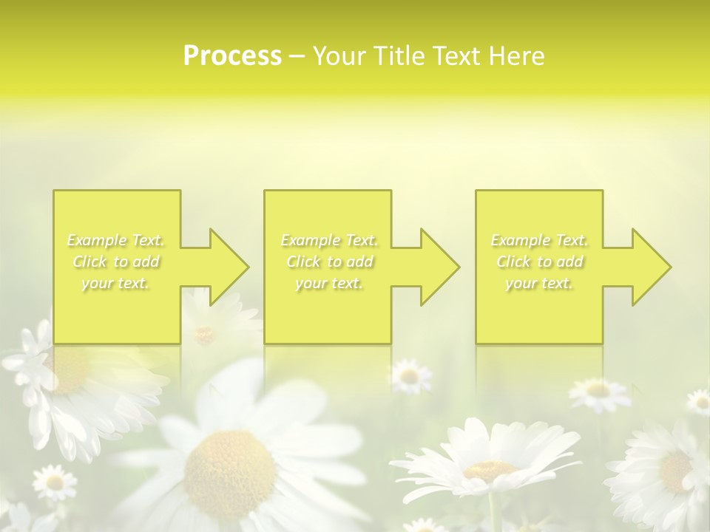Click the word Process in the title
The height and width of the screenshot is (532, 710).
coord(232,56)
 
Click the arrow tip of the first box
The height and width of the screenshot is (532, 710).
coord(247,267)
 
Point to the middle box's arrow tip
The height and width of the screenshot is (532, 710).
coord(458,267)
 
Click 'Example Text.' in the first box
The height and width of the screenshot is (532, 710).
coord(116,240)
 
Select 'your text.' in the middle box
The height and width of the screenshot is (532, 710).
coord(329,283)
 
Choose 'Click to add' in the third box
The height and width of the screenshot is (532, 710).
coord(540,262)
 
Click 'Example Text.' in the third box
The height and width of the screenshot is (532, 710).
coord(540,240)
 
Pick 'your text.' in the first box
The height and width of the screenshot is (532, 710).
coord(116,283)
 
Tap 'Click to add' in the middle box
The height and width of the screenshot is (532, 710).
coord(329,262)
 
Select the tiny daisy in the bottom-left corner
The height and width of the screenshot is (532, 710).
coord(54,482)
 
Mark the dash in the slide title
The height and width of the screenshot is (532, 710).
coord(297,56)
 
